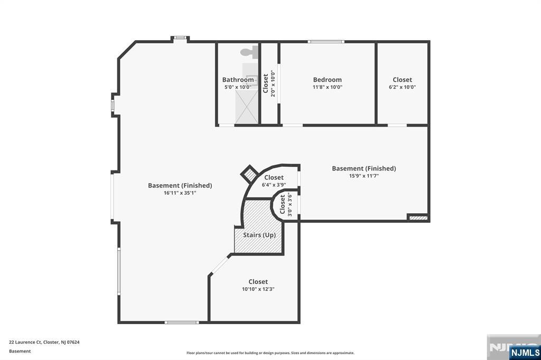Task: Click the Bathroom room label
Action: tap(238, 80)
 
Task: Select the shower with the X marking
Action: tap(246, 107)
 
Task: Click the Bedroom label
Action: tap(327, 80)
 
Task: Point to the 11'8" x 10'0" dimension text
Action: tap(327, 87)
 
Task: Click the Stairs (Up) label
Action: tap(259, 235)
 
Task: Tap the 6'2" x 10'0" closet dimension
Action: tap(402, 87)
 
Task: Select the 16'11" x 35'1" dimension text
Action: tap(180, 193)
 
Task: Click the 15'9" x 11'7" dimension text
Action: tap(363, 176)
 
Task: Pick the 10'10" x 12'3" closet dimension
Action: tap(258, 289)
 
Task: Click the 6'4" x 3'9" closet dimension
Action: tap(274, 185)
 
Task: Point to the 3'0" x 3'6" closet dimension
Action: tap(290, 205)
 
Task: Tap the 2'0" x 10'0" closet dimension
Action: tap(273, 83)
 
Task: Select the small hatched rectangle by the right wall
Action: tap(418, 218)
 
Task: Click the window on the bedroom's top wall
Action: tap(325, 42)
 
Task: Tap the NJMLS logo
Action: tap(525, 353)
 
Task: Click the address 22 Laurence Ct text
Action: tap(25, 343)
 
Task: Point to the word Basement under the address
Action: tap(20, 352)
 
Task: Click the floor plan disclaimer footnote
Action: tap(270, 353)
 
